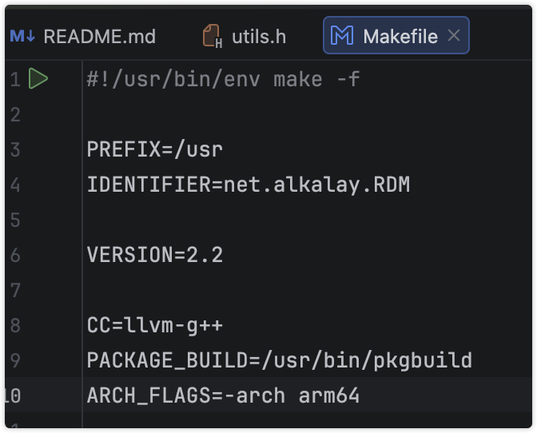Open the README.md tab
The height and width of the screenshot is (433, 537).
point(99,36)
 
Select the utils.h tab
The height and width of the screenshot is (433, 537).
point(258,36)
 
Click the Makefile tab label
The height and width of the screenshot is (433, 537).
point(400,36)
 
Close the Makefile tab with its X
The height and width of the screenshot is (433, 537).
point(454,35)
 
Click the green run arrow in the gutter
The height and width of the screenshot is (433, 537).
point(38,79)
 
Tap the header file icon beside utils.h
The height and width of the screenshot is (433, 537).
point(212,36)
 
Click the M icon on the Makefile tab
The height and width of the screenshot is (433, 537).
point(343,36)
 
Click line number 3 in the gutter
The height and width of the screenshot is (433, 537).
point(16,149)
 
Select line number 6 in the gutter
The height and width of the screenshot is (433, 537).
point(16,255)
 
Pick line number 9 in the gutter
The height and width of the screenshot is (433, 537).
point(16,360)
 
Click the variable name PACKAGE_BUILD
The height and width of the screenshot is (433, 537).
point(163,360)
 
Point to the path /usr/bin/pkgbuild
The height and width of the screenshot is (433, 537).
point(361,360)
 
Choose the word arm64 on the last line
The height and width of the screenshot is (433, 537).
point(330,395)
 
